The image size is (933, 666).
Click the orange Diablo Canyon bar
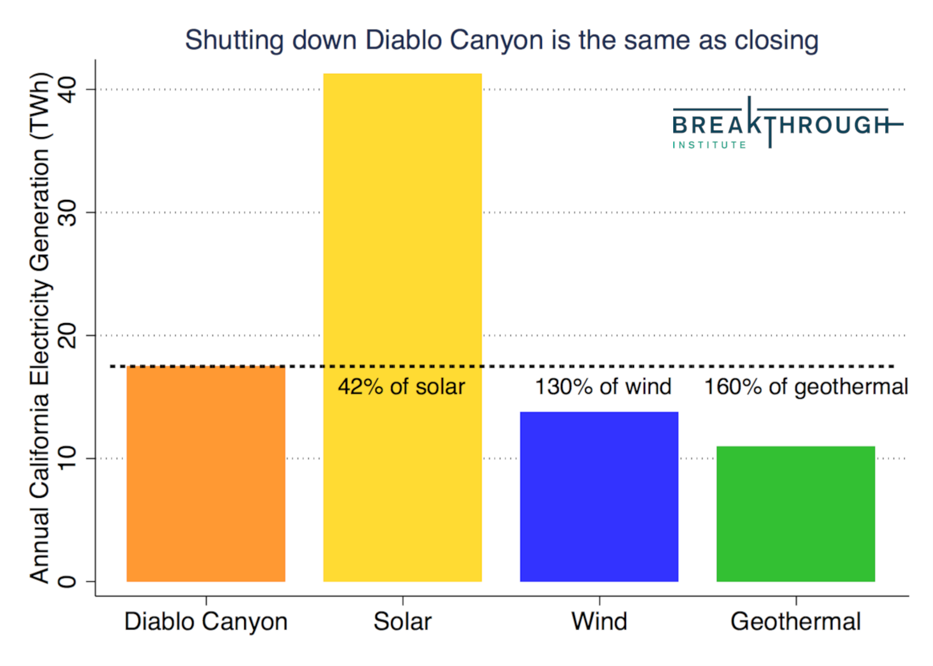206,474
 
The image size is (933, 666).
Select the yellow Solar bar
403,328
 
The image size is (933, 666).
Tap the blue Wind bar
600,497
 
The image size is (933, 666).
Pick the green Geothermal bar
796,514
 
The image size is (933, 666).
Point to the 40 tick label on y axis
67,90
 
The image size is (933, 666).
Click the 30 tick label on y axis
67,213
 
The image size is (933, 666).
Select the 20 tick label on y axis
67,335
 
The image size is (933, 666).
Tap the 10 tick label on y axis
67,459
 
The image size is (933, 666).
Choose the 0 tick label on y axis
67,581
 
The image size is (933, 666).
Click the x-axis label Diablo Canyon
206,622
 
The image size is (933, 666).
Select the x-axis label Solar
403,622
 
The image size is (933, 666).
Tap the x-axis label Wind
600,622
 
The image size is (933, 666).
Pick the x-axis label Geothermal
796,622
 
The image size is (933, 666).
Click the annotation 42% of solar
401,387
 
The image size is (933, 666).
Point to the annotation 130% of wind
603,387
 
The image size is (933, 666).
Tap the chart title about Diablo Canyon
502,41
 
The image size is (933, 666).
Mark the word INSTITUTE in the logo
710,145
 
